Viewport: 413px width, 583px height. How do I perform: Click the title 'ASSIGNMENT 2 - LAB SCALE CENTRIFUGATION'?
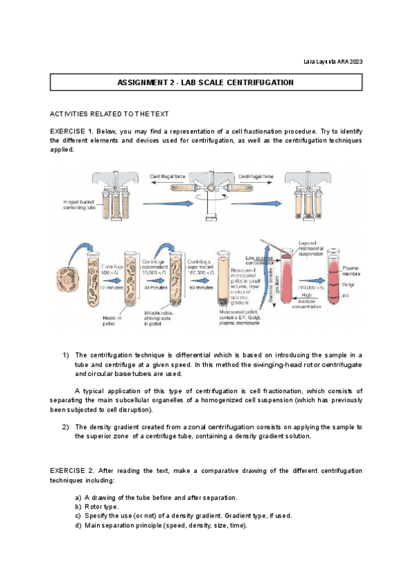[206, 82]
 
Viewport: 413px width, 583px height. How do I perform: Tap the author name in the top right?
[333, 63]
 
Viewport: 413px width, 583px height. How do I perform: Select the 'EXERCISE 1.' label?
[72, 131]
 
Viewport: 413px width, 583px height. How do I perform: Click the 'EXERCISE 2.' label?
[72, 470]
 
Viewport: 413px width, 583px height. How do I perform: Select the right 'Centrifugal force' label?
[256, 177]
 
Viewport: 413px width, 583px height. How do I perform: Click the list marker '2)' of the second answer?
[66, 427]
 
